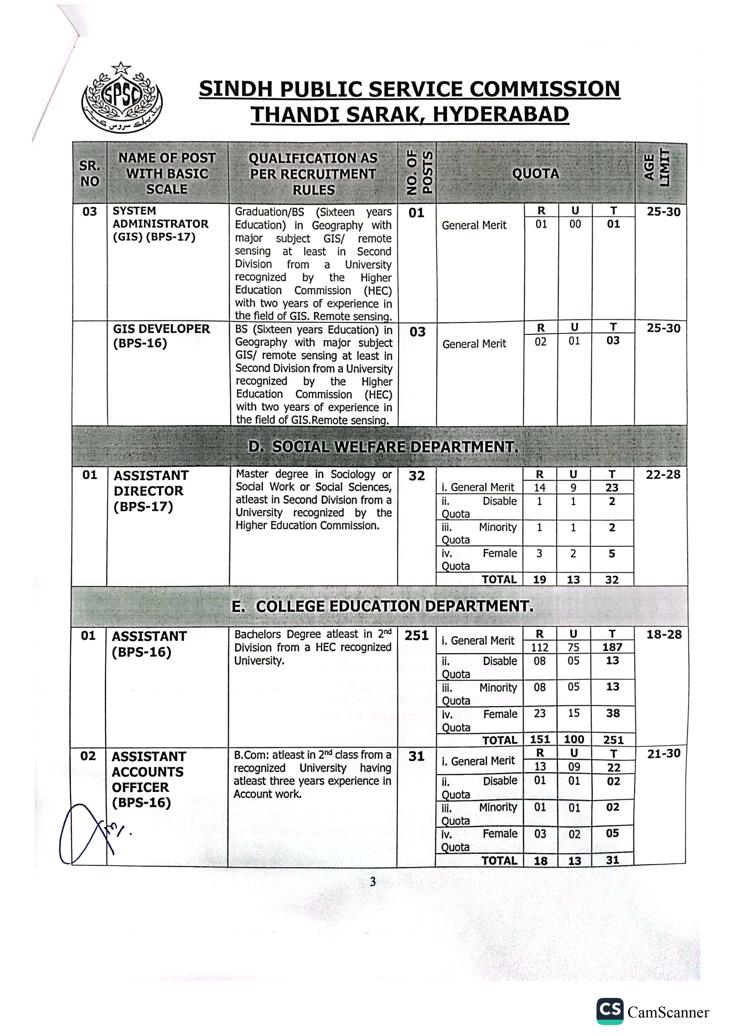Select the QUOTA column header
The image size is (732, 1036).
pos(535,173)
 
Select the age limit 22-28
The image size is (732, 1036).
pos(663,475)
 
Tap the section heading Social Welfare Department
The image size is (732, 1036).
pos(383,447)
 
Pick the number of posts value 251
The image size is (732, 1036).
pos(416,636)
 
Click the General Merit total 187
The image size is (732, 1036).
pos(612,647)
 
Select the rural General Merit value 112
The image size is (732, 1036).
pos(540,647)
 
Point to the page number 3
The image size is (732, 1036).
pos(372,882)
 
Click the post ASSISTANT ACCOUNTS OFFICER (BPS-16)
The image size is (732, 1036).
pos(148,779)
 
